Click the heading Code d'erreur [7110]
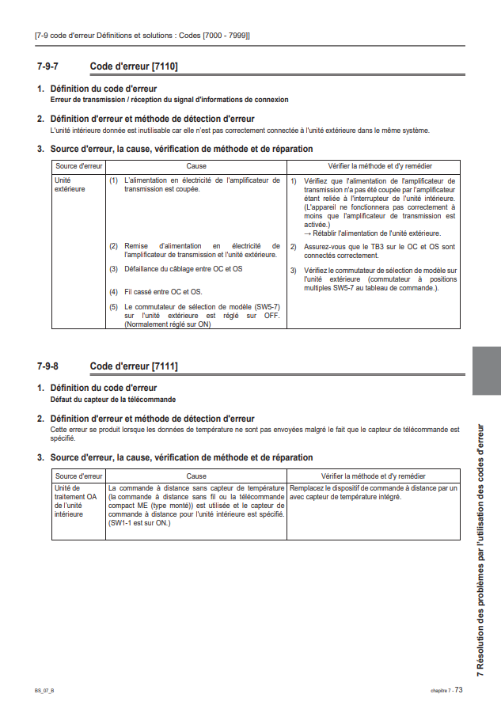tap(134, 66)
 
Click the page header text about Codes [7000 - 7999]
tap(142, 36)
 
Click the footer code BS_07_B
tap(44, 690)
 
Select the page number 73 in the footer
tap(458, 689)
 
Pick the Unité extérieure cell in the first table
tap(69, 184)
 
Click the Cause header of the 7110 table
tap(196, 166)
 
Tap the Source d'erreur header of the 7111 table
tap(78, 476)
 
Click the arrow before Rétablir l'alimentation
tap(307, 233)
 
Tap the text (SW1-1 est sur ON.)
tap(139, 523)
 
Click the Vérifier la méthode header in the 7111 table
tap(373, 476)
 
